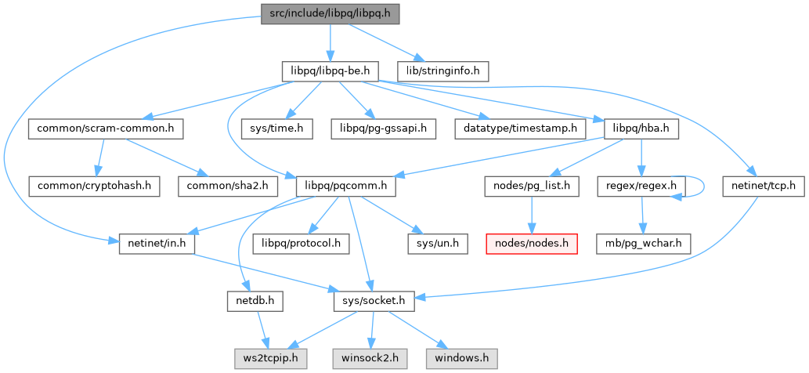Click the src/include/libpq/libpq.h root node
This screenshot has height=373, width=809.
point(330,14)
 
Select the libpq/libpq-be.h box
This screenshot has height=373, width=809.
point(330,71)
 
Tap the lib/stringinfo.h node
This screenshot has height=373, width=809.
point(442,71)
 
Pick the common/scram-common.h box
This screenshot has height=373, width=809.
point(105,128)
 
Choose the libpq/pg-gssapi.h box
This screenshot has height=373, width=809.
point(373,128)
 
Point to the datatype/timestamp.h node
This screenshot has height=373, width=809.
point(518,128)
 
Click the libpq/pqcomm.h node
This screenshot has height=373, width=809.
point(345,186)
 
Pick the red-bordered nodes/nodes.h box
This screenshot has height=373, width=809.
point(533,244)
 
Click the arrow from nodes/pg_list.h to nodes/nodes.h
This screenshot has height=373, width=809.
point(533,215)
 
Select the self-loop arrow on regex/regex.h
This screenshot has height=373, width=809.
point(702,186)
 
